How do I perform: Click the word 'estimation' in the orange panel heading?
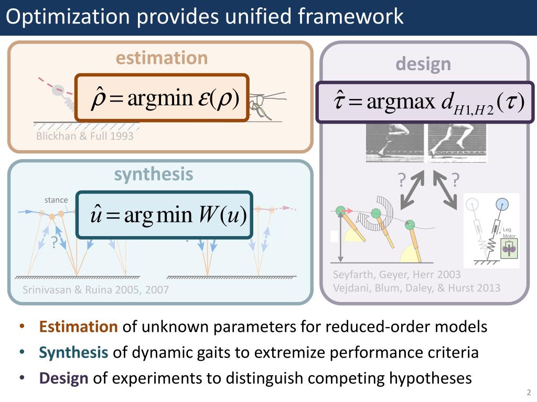coord(162,58)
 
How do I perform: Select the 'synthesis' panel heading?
coord(154,174)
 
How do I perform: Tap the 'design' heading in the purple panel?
coord(423,64)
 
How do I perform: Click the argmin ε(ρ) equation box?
coord(162,98)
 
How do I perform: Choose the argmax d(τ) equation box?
coord(425,102)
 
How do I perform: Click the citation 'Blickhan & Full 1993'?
coord(84,136)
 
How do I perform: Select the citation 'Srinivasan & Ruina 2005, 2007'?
coord(95,289)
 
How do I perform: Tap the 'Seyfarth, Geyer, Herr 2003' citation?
coord(396,275)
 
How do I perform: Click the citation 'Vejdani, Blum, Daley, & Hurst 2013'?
coord(416,288)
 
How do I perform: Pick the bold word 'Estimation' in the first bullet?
coord(78,327)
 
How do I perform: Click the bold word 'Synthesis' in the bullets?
coord(73,352)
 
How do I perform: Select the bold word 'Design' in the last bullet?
coord(63,378)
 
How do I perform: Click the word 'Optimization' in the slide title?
coord(68,17)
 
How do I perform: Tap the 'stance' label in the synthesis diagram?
coord(56,200)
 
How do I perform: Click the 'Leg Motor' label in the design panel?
coord(509,233)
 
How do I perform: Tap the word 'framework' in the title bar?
coord(351,17)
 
